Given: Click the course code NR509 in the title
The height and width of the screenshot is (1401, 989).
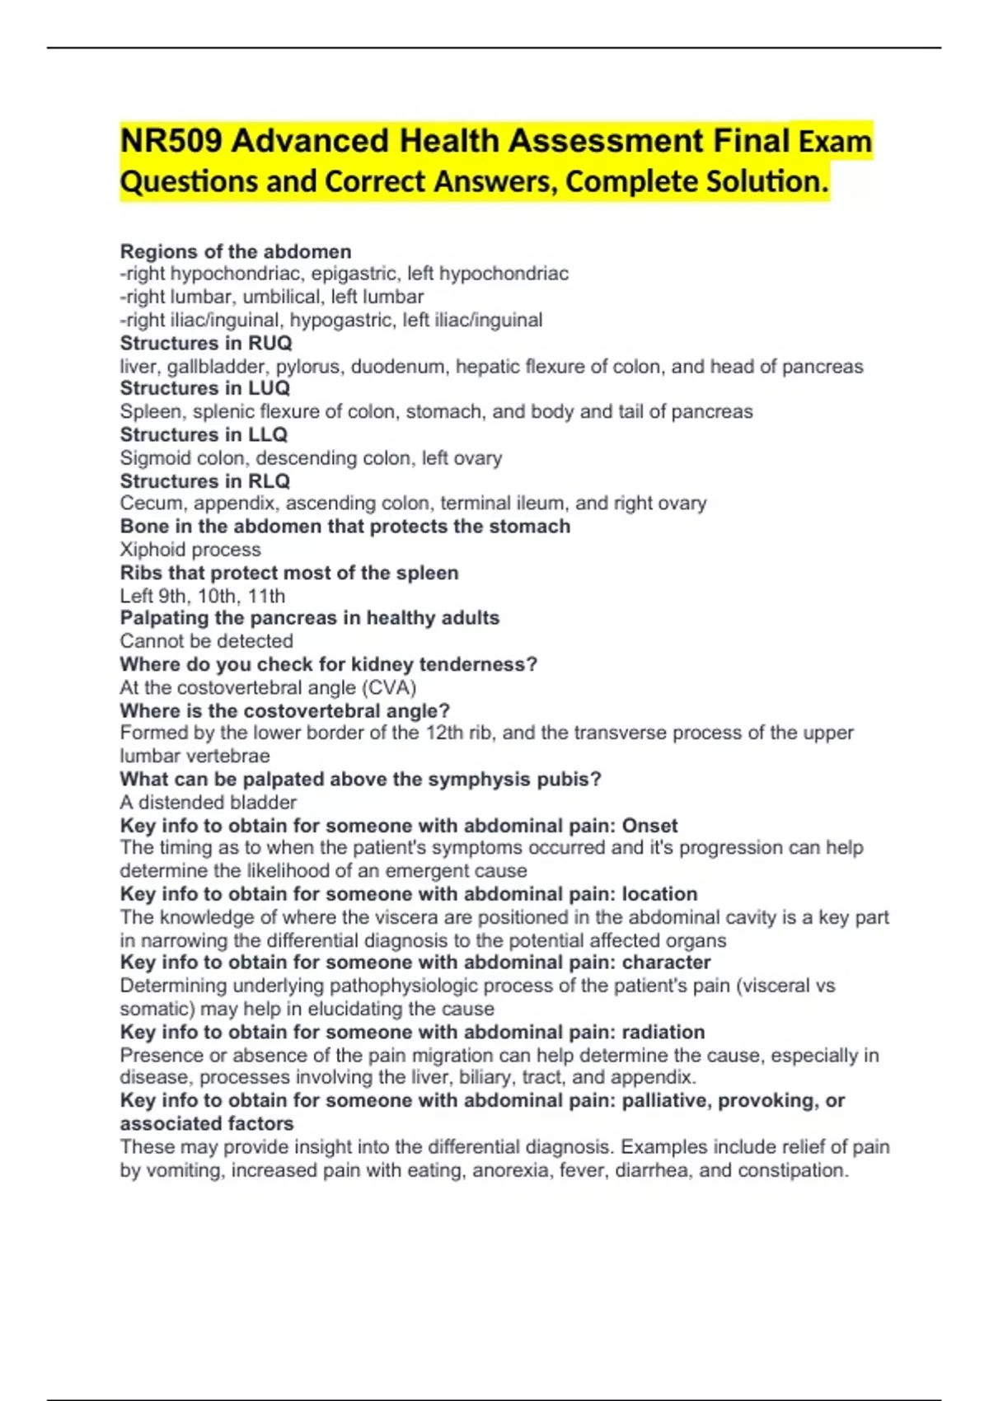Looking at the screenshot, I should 171,141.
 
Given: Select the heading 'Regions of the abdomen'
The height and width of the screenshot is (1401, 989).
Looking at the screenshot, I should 236,251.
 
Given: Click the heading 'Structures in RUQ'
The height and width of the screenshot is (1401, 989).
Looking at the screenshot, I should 206,343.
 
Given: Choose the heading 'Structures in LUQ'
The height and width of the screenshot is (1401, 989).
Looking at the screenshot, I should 205,388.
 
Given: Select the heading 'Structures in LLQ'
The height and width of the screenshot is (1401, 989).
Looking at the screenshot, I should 204,434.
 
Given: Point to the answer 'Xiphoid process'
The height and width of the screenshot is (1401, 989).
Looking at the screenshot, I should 190,550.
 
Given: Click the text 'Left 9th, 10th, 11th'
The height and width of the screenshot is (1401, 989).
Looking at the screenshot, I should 203,596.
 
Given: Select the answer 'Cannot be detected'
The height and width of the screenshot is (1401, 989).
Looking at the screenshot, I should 207,641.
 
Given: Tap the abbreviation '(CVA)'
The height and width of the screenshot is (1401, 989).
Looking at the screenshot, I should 389,687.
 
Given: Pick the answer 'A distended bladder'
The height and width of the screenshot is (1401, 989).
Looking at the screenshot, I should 209,803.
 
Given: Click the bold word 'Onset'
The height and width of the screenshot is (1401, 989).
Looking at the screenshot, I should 649,826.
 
